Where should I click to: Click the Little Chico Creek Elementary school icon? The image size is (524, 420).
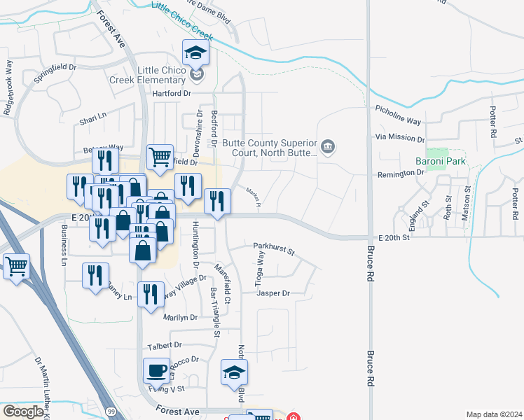click(x=196, y=53)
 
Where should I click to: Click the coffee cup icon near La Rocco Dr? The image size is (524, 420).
click(x=156, y=371)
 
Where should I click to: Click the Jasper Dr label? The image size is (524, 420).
click(x=273, y=293)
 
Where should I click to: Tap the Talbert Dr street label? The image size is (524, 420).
click(x=165, y=345)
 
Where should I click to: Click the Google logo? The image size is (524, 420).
click(x=23, y=412)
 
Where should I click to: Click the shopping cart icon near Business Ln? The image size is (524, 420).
click(x=16, y=266)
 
